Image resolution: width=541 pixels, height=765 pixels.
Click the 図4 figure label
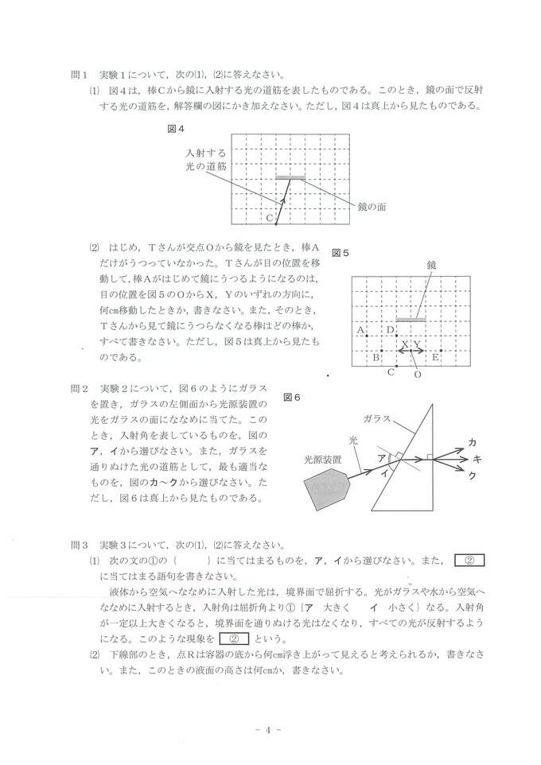[x=177, y=127]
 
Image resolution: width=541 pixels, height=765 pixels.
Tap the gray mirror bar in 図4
[x=290, y=177]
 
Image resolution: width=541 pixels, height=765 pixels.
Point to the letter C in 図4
[x=270, y=217]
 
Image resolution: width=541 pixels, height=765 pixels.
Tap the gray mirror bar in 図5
[x=411, y=319]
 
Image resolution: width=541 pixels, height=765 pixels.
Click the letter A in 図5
[x=360, y=329]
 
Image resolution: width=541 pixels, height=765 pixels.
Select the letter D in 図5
[x=390, y=329]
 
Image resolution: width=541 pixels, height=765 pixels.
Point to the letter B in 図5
[x=376, y=357]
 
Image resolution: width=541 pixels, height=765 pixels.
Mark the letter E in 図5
[x=435, y=357]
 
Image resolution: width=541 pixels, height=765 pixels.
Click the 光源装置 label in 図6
[x=322, y=459]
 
